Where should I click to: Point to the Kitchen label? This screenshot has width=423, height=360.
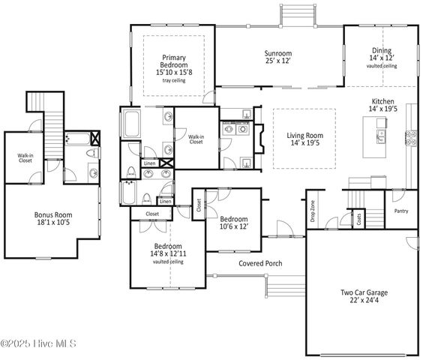pyautogui.click(x=382, y=105)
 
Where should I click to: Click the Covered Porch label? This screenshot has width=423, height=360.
pyautogui.click(x=260, y=263)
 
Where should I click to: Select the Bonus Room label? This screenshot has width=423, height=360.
pyautogui.click(x=53, y=218)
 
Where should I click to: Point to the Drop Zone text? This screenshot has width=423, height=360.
pyautogui.click(x=313, y=211)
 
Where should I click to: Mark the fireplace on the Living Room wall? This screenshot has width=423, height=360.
pyautogui.click(x=259, y=139)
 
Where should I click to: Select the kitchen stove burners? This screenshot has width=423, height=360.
pyautogui.click(x=411, y=137)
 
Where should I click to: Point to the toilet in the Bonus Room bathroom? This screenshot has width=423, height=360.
pyautogui.click(x=91, y=154)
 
